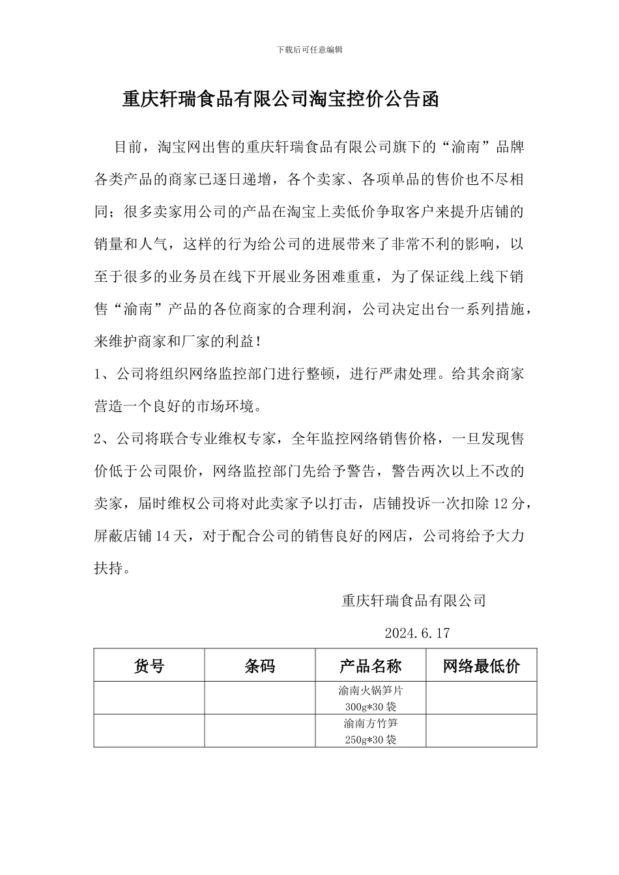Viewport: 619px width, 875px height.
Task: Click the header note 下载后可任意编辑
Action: pos(309,49)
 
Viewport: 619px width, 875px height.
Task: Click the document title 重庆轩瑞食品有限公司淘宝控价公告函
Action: pos(281,99)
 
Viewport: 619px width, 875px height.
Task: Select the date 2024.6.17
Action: pos(417,633)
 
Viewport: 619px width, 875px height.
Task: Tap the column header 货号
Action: pos(149,665)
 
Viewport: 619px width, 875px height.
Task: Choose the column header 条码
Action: pos(260,665)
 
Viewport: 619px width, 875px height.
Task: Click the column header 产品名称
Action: pos(370,665)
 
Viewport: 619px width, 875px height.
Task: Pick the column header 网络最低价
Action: pos(482,665)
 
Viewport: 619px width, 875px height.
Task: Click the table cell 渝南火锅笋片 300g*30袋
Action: pos(370,698)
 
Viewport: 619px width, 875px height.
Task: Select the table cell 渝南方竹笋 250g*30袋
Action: pos(370,730)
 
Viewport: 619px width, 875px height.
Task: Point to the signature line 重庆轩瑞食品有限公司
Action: pos(414,600)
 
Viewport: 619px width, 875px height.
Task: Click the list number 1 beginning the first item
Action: pos(98,374)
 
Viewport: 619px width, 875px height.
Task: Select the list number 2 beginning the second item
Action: pos(98,439)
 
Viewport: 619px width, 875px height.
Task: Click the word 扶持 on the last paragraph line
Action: pos(109,568)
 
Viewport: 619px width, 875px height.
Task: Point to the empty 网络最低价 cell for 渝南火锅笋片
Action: pos(482,698)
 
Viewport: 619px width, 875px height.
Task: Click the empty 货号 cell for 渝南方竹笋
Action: pos(149,730)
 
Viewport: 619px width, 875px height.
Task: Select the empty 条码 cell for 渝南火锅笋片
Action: pos(260,698)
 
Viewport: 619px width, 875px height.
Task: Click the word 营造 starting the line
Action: pos(109,407)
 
